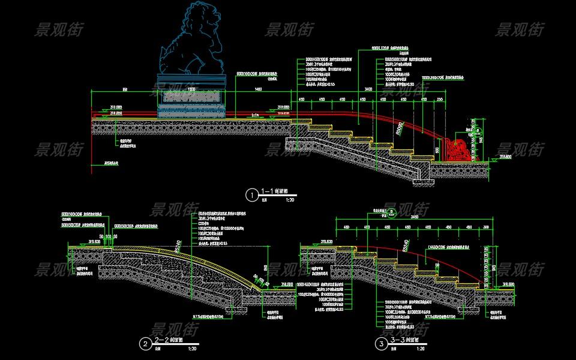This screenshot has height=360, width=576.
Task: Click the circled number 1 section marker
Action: click(251, 194)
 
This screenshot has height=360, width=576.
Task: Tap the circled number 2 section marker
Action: click(145, 344)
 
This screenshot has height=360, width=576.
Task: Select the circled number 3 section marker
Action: click(381, 344)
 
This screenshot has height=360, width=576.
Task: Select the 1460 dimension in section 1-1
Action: click(259, 89)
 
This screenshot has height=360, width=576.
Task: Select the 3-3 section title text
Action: click(398, 340)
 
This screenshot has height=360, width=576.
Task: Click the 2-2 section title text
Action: click(163, 340)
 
